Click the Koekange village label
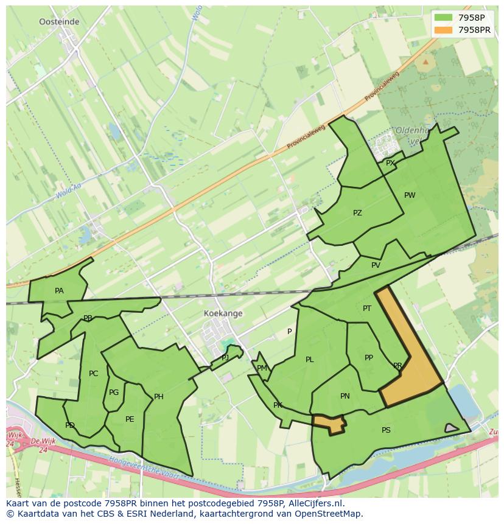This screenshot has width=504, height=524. tap(223, 313)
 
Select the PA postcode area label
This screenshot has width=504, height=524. tap(59, 291)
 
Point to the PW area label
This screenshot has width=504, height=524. tap(410, 195)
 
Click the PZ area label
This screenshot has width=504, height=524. tap(357, 213)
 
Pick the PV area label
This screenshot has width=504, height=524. tap(376, 265)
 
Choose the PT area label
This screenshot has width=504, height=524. tap(367, 309)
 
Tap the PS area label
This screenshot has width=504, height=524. tap(386, 430)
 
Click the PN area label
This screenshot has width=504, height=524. tap(345, 396)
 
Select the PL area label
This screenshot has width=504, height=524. tap(309, 360)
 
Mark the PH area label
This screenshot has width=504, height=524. tap(159, 397)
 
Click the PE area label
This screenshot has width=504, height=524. tap(130, 419)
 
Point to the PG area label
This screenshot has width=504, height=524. tap(114, 393)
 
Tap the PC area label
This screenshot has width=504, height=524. tap(93, 374)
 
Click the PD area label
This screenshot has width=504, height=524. tap(70, 425)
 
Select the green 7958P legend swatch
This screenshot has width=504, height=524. tap(444, 17)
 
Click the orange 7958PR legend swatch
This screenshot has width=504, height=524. tap(444, 30)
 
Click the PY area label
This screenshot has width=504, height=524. tap(390, 162)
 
